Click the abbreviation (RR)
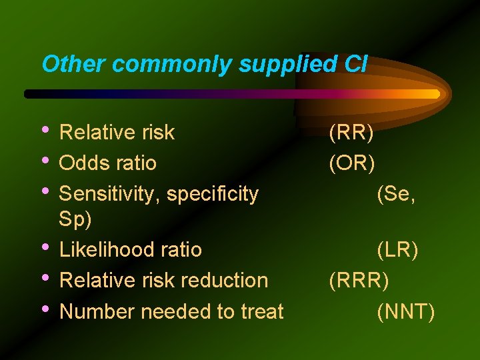point(351,133)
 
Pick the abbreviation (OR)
point(352,163)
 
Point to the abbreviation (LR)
point(397,250)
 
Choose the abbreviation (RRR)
point(359,281)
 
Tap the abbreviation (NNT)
point(405,311)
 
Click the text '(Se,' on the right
point(396,194)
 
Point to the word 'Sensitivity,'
point(110,194)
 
